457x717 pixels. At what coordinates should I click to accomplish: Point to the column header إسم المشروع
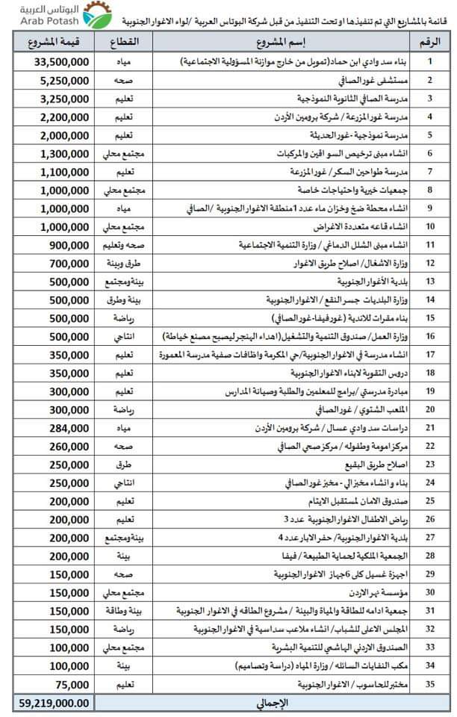pyautogui.click(x=287, y=43)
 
